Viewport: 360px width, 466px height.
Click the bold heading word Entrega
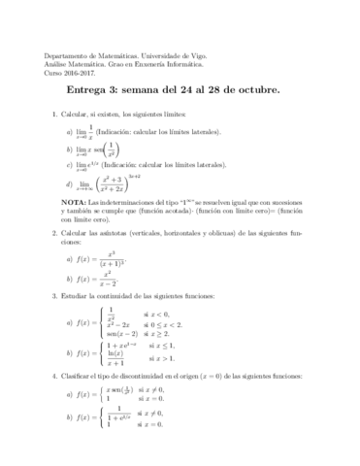94,92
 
